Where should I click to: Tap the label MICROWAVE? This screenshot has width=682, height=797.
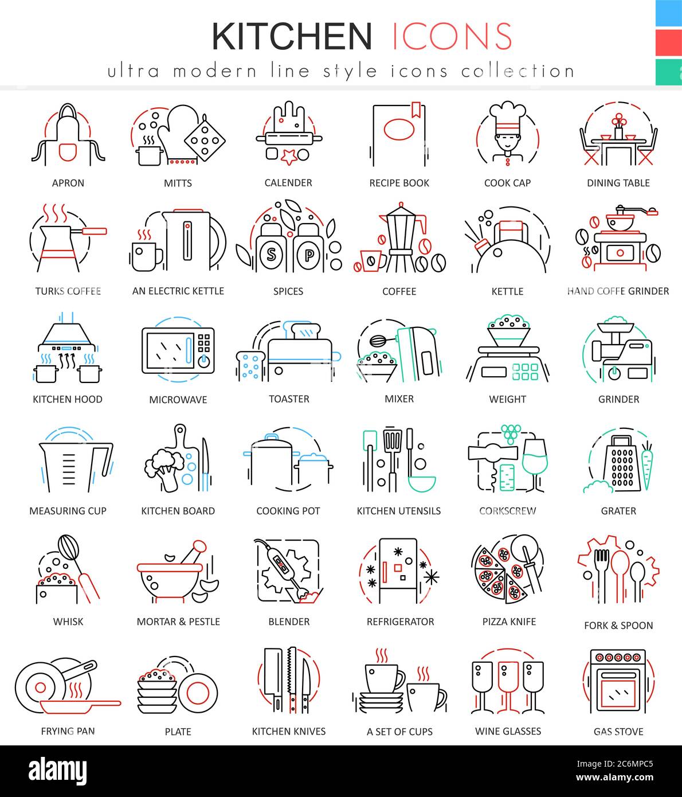(x=178, y=400)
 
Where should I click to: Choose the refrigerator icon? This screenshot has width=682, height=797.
(x=398, y=571)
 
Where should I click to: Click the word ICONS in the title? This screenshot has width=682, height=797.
(x=452, y=36)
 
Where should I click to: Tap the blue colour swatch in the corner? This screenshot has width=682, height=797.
(x=668, y=13)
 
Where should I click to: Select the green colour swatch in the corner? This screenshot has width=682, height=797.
(x=668, y=72)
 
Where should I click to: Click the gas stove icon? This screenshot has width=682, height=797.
(x=618, y=682)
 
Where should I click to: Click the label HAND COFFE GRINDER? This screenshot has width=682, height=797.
(x=618, y=291)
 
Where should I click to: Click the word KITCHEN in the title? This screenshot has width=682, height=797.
(x=292, y=36)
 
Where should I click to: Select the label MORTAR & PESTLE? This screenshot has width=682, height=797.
(x=178, y=622)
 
